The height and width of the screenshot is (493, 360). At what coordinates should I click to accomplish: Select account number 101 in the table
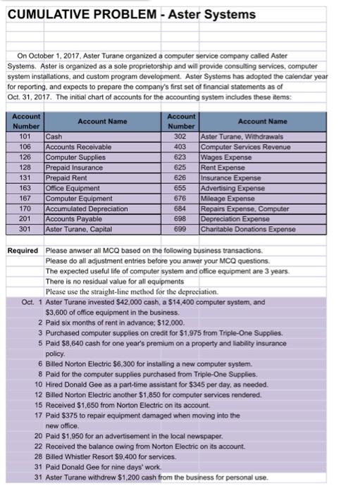click(x=26, y=135)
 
